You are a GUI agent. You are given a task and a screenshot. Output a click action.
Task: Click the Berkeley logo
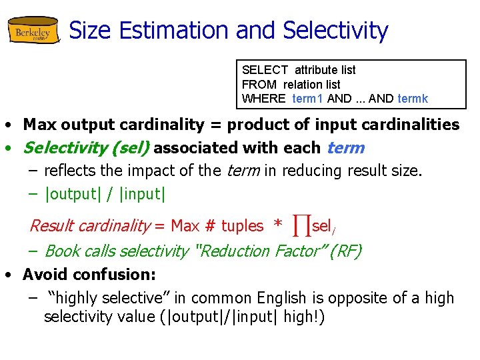click(x=33, y=31)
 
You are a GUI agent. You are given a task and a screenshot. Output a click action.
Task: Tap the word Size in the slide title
click(x=91, y=31)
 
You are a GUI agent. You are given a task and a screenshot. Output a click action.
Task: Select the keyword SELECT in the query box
click(x=265, y=70)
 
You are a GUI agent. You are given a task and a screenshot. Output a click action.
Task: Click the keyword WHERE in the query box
click(x=264, y=99)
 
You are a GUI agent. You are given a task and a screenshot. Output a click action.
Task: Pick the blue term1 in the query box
click(x=308, y=99)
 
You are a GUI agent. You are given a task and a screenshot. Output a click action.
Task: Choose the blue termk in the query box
click(x=413, y=99)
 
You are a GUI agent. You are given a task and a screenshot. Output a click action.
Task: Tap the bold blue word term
click(x=345, y=148)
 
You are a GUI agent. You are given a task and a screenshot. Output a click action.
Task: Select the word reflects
click(x=69, y=171)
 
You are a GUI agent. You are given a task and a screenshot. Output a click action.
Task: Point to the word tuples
click(x=243, y=227)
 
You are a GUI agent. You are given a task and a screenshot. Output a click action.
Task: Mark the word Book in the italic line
click(x=63, y=251)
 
